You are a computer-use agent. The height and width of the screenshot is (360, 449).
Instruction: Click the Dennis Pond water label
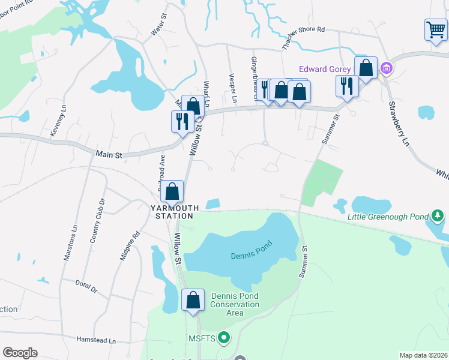pos(252,250)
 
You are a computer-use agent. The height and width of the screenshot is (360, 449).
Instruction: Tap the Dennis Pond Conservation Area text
pos(235,304)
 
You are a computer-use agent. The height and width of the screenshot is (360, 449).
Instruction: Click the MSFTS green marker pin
pos(224,338)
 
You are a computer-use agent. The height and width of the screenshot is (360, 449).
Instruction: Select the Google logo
pos(20,353)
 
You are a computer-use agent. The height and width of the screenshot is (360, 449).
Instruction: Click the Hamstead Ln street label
pos(96,340)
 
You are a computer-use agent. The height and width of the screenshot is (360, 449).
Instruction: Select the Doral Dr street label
pos(86,286)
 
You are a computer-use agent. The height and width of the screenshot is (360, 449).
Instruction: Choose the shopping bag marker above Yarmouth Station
pos(172,192)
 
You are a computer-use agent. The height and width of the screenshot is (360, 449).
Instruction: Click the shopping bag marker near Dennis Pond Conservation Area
pos(193,301)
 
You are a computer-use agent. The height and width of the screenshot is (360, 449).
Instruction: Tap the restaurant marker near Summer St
pos(346,86)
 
